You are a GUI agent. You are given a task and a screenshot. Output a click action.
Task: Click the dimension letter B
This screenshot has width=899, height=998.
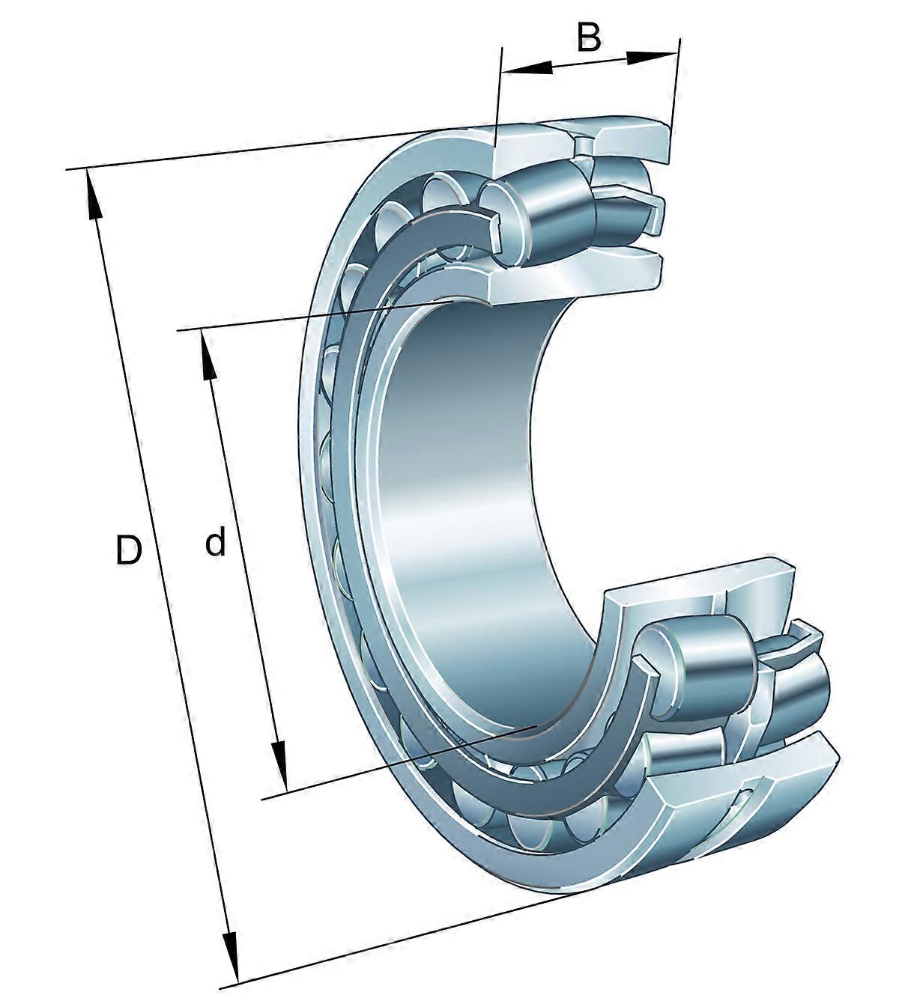point(589,37)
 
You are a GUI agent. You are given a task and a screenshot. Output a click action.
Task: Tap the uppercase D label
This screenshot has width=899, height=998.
point(128,550)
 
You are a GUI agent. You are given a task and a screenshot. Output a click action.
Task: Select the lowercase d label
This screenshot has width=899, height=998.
point(215,543)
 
